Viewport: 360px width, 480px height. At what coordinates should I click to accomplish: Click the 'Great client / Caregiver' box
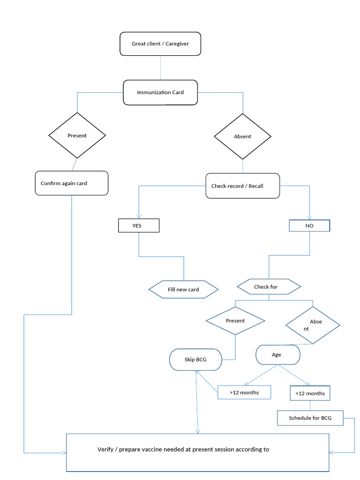click(x=160, y=44)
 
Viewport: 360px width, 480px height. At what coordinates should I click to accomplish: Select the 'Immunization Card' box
click(x=160, y=92)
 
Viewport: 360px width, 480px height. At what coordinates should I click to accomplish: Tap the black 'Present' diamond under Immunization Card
click(x=77, y=135)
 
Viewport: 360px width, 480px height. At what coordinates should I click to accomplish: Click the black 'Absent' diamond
click(x=242, y=136)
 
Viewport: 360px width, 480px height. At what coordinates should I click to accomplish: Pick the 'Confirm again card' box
click(x=72, y=183)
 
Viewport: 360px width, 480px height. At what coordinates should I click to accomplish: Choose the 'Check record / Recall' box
click(x=242, y=186)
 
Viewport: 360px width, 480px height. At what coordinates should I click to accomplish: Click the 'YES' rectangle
click(x=139, y=225)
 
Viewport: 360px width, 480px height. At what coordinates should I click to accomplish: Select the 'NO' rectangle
click(x=309, y=225)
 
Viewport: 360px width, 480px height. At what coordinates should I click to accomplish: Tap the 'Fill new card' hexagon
click(x=183, y=290)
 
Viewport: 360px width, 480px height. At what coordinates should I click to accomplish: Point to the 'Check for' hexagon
click(x=269, y=286)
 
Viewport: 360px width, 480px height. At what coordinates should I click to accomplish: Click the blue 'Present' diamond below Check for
click(x=235, y=321)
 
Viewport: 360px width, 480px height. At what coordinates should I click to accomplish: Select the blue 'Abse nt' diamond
click(x=313, y=325)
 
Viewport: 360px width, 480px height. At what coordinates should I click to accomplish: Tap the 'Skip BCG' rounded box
click(x=195, y=360)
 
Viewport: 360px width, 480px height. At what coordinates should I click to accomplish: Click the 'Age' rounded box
click(x=277, y=355)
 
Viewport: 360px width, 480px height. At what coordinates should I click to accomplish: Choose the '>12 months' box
click(x=244, y=392)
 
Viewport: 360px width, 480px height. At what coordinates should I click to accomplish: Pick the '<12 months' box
click(x=310, y=393)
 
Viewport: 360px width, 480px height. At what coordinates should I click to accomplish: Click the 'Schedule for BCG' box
click(x=310, y=418)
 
